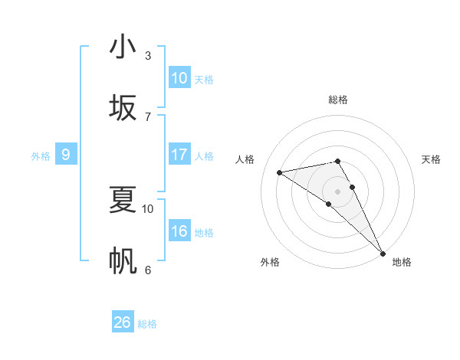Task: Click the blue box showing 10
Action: [179, 77]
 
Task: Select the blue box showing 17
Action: [179, 155]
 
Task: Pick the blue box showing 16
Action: [179, 231]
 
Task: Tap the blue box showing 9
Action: [66, 155]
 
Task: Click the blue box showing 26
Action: [123, 322]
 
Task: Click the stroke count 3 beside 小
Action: [148, 55]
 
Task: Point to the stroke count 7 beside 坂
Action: [148, 116]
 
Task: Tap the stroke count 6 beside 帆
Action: [148, 270]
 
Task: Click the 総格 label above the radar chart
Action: [338, 100]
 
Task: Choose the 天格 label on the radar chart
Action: [431, 159]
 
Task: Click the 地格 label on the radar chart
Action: [402, 262]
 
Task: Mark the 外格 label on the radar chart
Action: [270, 262]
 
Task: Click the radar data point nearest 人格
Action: [280, 172]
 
